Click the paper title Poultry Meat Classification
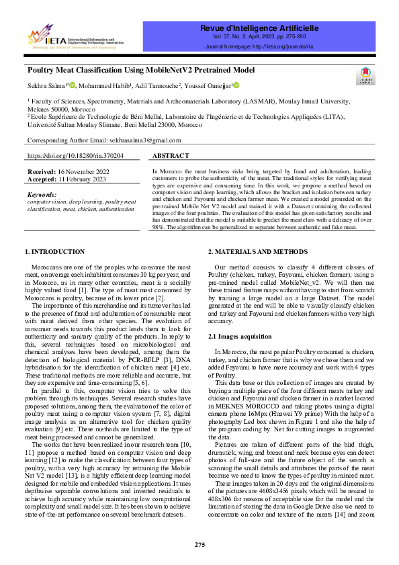point(141,70)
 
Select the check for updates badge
point(365,76)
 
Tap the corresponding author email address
point(144,140)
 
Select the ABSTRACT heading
point(171,155)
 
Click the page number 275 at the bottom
point(199,544)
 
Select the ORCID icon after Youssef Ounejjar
point(236,85)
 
